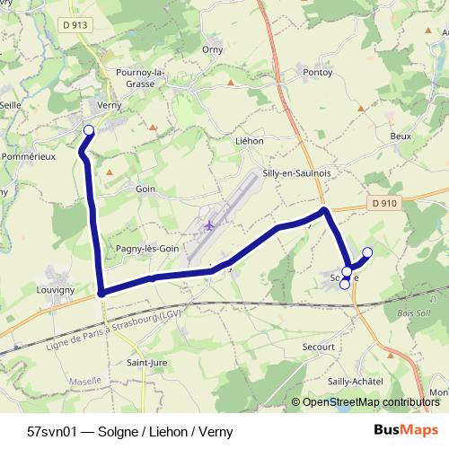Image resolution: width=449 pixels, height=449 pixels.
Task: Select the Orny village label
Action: point(212,49)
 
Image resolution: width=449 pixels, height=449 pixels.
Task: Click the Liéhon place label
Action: point(248,141)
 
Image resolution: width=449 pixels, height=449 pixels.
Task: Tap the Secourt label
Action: point(319,346)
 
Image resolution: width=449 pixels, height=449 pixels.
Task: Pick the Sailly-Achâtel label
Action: point(357,383)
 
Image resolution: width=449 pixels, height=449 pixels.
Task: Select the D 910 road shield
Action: point(383,205)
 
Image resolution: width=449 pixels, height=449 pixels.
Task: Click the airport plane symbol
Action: point(211,224)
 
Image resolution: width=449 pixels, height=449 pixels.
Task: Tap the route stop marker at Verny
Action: point(89,131)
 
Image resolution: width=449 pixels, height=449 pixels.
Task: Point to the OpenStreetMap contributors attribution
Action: point(370,402)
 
